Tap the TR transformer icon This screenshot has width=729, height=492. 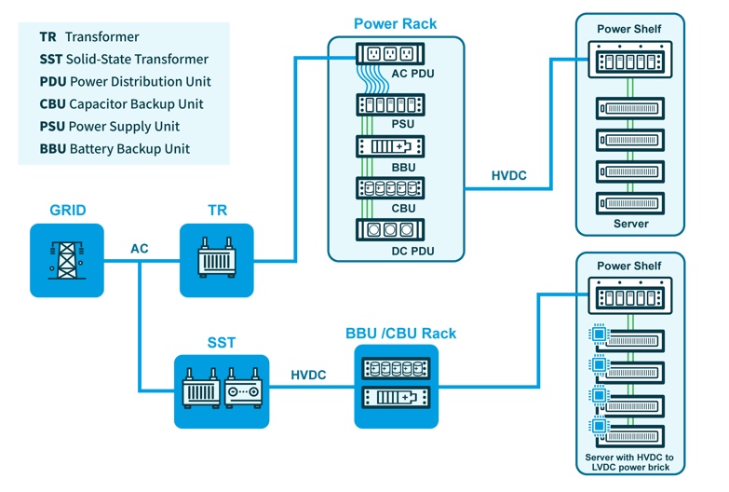pyautogui.click(x=216, y=259)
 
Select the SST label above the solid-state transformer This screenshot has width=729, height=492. pyautogui.click(x=222, y=343)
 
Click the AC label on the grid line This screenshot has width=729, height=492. pyautogui.click(x=140, y=249)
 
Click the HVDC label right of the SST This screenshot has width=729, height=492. pyautogui.click(x=309, y=375)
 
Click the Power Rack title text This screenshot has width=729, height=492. pyautogui.click(x=395, y=22)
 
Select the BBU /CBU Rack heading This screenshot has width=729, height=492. pyautogui.click(x=401, y=333)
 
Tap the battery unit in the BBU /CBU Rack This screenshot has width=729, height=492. pyautogui.click(x=397, y=397)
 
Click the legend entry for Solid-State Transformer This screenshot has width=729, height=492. pyautogui.click(x=124, y=60)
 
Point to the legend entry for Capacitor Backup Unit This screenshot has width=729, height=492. pyautogui.click(x=121, y=104)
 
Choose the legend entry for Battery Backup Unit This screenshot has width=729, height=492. pyautogui.click(x=115, y=149)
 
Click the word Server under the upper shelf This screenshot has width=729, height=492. pyautogui.click(x=630, y=225)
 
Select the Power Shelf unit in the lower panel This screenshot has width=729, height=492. pyautogui.click(x=629, y=298)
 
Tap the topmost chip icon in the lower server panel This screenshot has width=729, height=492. pyautogui.click(x=601, y=333)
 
